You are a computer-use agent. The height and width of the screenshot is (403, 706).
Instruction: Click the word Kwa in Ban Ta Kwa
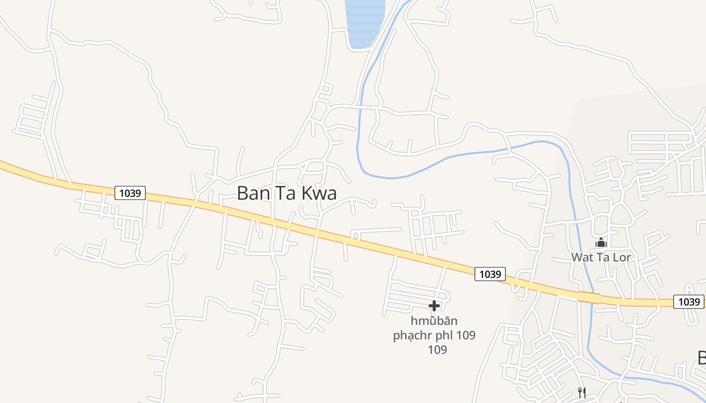pos(317,193)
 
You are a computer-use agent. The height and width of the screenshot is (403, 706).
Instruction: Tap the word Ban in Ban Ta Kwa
pos(253,193)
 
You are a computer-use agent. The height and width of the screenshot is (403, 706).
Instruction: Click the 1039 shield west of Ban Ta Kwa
pos(130,193)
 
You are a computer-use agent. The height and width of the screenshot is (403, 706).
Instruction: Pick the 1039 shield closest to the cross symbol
pos(490,274)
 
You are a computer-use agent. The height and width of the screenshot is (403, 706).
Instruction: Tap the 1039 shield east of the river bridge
pos(688,302)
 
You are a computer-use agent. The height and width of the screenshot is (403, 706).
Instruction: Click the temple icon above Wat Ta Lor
pos(601,243)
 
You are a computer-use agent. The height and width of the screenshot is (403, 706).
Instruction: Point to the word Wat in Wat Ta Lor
pos(582,257)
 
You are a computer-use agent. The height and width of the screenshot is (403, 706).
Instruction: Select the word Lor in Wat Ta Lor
pos(622,257)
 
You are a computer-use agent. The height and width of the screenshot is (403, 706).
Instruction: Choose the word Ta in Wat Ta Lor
pos(603,257)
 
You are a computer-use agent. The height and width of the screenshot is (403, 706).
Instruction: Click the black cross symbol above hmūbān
pos(434,306)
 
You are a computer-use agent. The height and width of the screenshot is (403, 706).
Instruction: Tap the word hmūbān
pos(434,321)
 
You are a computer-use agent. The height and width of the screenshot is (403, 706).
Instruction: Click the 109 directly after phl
pos(466,335)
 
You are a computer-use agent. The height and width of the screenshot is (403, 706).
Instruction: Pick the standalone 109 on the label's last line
pos(437,350)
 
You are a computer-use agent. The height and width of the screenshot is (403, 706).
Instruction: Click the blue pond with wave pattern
pos(364,23)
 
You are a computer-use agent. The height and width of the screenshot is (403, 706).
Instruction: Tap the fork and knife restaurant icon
pos(581,392)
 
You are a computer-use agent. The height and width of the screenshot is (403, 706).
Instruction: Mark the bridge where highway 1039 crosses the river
pos(589,298)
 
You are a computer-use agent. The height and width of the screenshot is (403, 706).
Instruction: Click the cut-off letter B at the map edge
pos(701,357)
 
